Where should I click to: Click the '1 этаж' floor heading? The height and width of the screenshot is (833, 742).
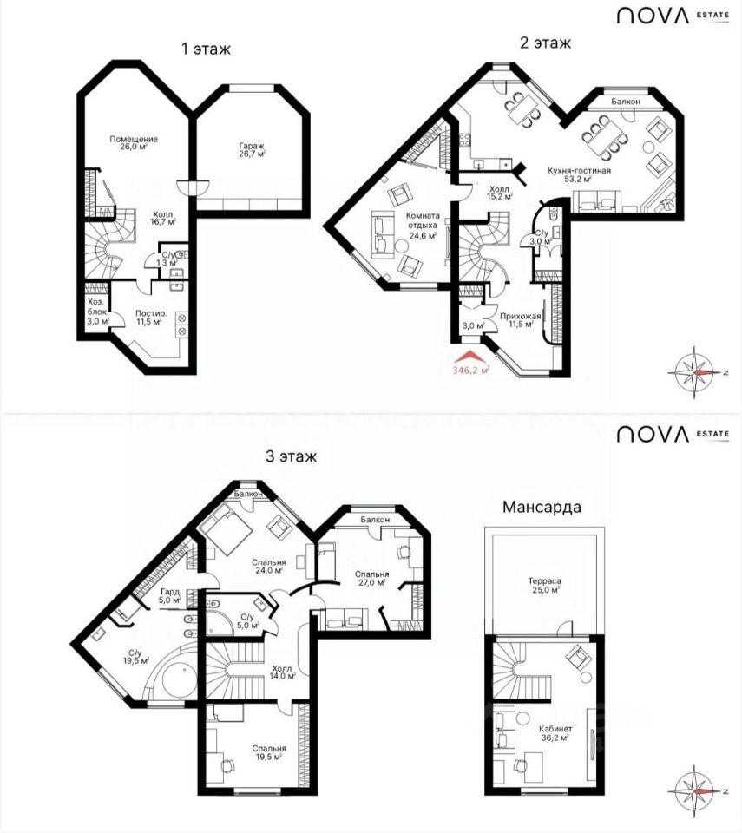[x=207, y=49]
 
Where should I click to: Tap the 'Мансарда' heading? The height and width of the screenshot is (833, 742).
[x=542, y=507]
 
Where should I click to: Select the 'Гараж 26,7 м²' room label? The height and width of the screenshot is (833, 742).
[x=252, y=150]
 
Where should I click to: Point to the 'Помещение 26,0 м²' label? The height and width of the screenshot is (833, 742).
[x=134, y=143]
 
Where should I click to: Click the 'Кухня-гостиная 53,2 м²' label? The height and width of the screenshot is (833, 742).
[x=580, y=174]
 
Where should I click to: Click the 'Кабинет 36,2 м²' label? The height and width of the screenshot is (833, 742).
[x=555, y=733]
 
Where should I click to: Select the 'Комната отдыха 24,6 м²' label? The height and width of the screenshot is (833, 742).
[x=423, y=226]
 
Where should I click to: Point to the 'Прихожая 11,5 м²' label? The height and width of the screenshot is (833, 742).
[x=521, y=320]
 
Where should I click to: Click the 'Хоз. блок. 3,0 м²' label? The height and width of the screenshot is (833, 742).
[x=98, y=312]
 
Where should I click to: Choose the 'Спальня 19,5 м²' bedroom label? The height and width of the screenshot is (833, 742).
[x=269, y=752]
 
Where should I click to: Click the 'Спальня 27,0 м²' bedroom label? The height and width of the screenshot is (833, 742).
[x=371, y=578]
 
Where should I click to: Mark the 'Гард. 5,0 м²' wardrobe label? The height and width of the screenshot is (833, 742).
[x=171, y=596]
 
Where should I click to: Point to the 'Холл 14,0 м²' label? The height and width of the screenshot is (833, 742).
[x=282, y=672]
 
